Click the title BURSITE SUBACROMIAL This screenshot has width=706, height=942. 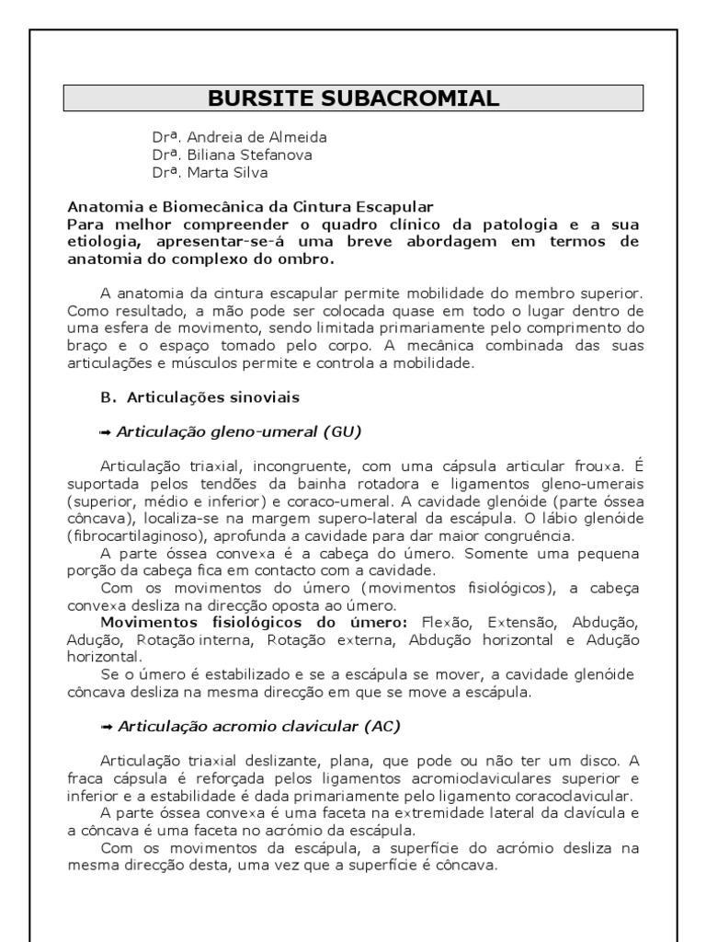pyautogui.click(x=353, y=98)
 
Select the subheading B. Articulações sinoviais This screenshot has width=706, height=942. pyautogui.click(x=199, y=397)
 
